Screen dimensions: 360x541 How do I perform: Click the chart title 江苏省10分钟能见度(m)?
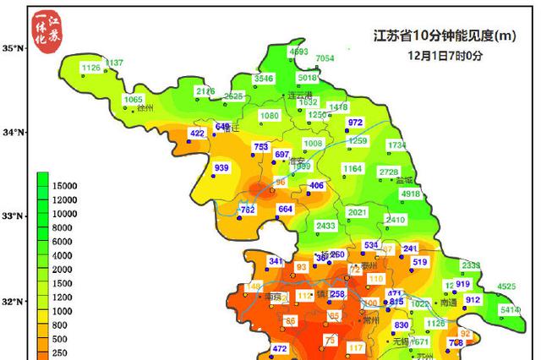pyautogui.click(x=445, y=36)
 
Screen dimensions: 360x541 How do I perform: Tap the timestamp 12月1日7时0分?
pyautogui.click(x=445, y=56)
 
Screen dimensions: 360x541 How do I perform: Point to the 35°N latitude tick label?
pyautogui.click(x=14, y=48)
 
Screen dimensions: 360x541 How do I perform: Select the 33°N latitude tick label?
pyautogui.click(x=14, y=216)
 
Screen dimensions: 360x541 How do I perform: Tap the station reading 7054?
pyautogui.click(x=325, y=58)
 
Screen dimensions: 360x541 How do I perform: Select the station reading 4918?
pyautogui.click(x=410, y=194)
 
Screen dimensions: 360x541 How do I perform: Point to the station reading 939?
pyautogui.click(x=221, y=168)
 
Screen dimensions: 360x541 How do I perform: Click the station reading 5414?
pyautogui.click(x=510, y=310)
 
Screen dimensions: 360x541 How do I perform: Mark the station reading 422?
pyautogui.click(x=198, y=134)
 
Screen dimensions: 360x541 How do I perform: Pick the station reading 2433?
pyautogui.click(x=325, y=226)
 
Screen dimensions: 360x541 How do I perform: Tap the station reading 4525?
pyautogui.click(x=505, y=287)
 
